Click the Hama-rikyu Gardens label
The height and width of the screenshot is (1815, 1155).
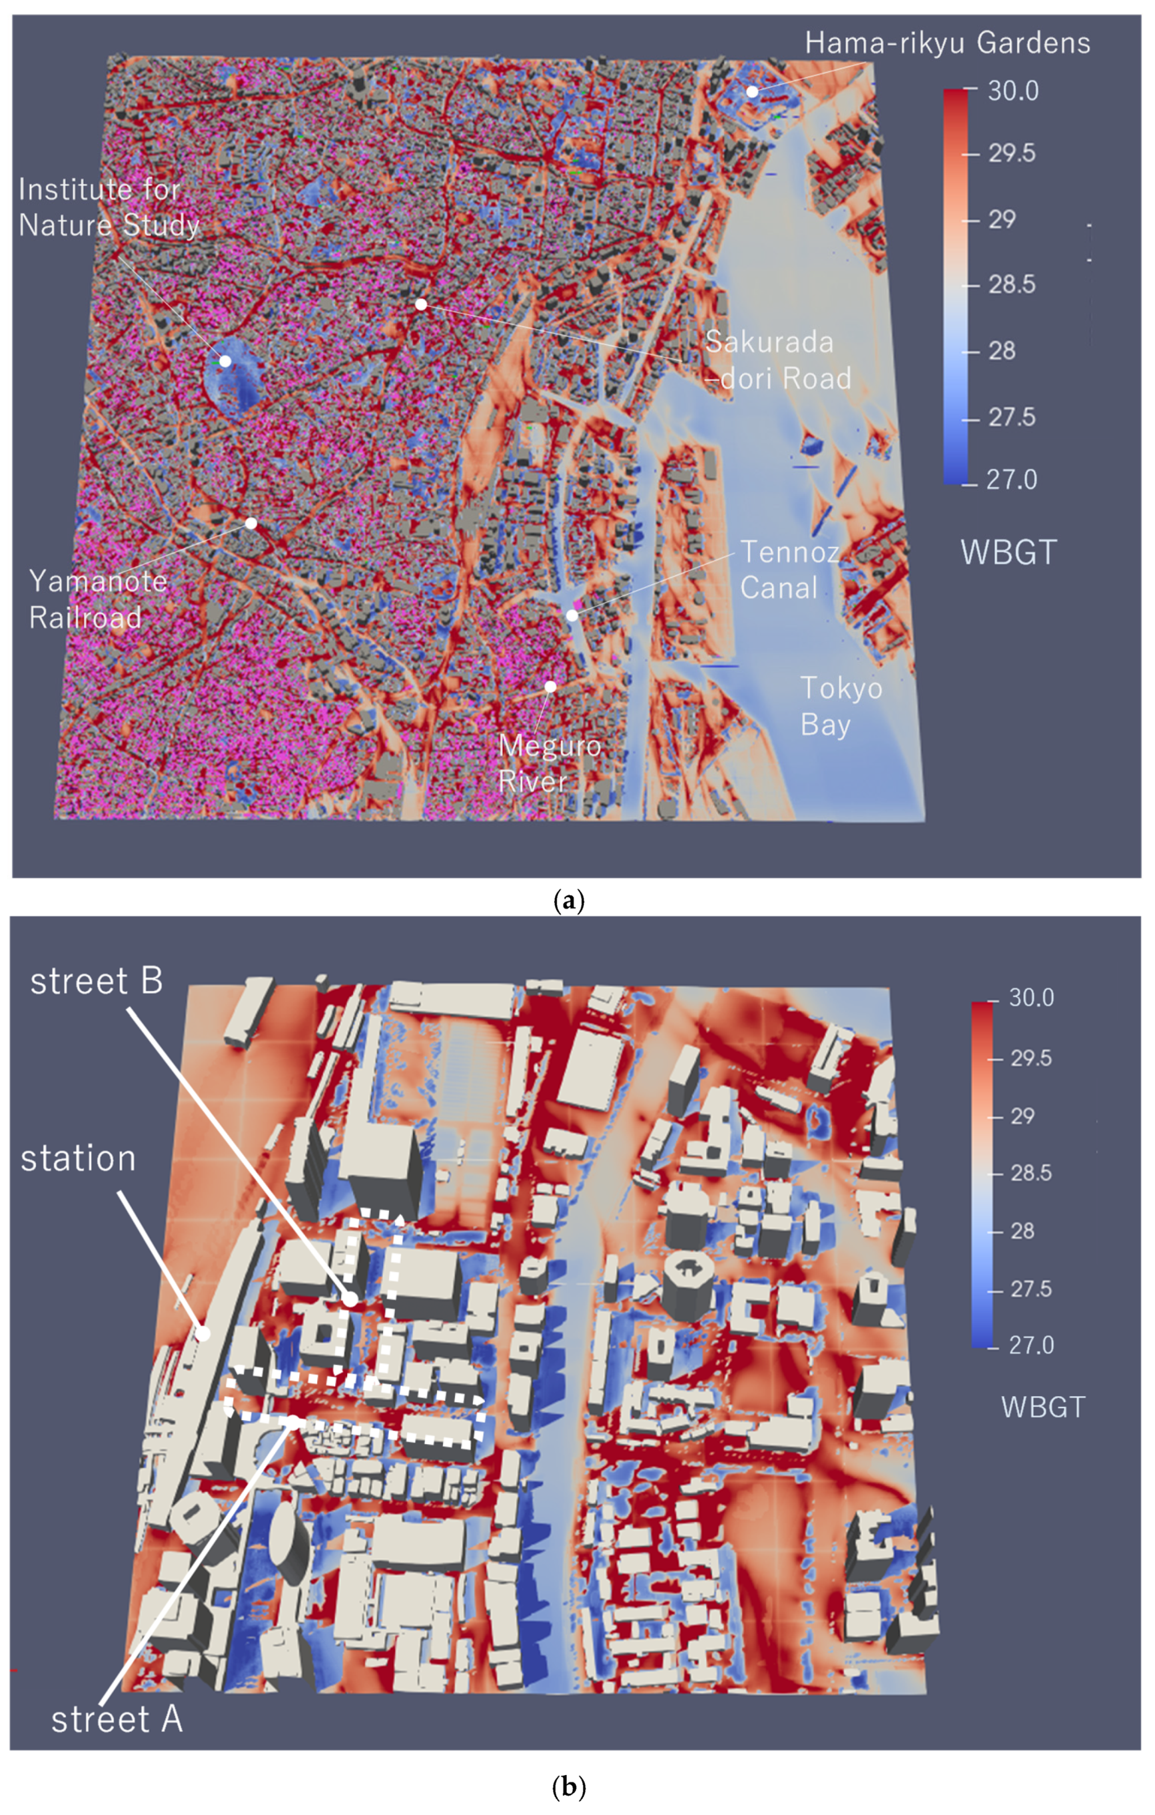pos(947,43)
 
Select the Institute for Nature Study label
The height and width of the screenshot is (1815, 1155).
pos(108,207)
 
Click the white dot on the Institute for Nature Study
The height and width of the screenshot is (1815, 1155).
pos(225,361)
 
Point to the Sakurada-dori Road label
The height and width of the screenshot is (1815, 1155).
pos(777,360)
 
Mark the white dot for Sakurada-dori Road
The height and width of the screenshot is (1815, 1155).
pos(422,304)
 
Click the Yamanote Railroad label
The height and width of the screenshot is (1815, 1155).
pos(98,599)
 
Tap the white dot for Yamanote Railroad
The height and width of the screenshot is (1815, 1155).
pos(251,523)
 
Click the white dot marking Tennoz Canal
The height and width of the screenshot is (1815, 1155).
pos(573,615)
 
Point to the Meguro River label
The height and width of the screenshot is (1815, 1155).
pos(549,763)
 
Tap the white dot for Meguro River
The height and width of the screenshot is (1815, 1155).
pos(551,687)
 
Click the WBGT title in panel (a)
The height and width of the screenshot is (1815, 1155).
pos(1008,552)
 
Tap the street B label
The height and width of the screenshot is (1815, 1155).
pos(96,982)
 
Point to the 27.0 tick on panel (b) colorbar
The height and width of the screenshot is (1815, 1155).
pos(1030,1345)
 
